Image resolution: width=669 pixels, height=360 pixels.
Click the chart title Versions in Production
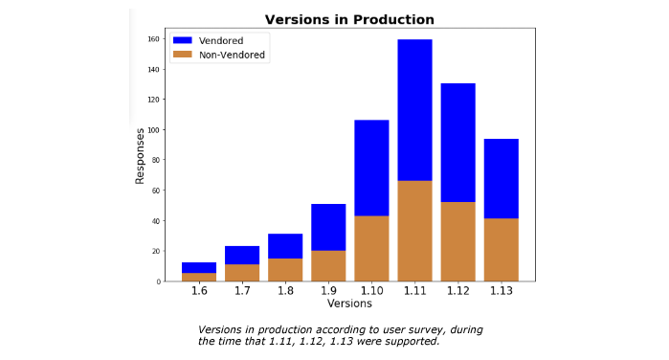[349, 19]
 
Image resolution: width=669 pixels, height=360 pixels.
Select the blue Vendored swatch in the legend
[182, 40]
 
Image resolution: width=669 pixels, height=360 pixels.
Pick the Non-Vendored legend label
[232, 56]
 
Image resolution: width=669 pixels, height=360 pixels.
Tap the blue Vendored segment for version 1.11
[414, 110]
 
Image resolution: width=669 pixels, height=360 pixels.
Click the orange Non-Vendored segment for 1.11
[414, 231]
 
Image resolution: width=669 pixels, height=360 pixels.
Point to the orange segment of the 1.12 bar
[457, 241]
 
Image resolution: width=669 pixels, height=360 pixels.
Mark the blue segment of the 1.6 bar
[199, 267]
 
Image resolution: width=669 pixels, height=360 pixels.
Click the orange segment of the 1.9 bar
[328, 265]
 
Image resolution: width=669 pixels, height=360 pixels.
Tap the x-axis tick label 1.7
[242, 291]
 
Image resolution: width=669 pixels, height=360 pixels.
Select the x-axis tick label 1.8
[285, 291]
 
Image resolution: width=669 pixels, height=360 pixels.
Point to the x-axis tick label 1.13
[501, 291]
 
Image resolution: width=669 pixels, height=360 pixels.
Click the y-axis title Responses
[140, 156]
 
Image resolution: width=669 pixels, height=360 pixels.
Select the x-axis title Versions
[349, 304]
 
